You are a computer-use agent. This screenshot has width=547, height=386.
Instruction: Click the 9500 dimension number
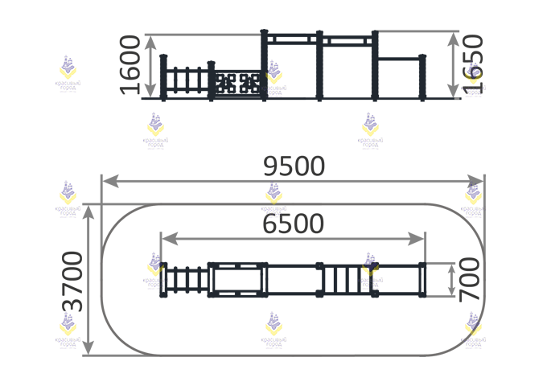tap(294, 166)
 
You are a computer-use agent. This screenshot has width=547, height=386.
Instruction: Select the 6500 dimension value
tap(294, 223)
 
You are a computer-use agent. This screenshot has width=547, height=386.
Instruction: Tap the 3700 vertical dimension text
tap(73, 280)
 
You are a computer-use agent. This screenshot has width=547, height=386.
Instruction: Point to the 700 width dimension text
tap(470, 279)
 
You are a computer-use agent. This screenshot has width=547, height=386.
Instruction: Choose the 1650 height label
tap(474, 64)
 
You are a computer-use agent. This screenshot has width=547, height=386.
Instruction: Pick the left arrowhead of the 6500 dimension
tap(167, 238)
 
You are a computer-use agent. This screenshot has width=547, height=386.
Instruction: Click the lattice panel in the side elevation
tap(239, 82)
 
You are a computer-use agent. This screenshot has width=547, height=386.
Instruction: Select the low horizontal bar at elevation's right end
tap(399, 58)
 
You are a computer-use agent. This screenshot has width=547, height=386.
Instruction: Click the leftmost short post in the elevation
tap(163, 77)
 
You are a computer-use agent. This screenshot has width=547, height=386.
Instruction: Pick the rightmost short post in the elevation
tap(422, 77)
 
